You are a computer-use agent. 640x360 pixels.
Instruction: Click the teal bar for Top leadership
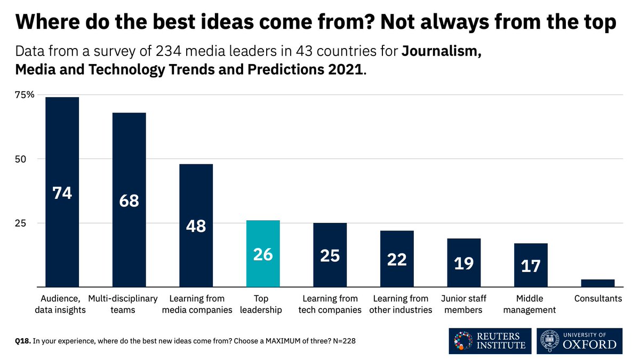(x=262, y=253)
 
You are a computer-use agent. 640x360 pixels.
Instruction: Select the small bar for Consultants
(x=598, y=283)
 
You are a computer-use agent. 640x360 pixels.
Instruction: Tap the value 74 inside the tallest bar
(x=62, y=193)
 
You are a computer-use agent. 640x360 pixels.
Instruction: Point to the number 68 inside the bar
(x=129, y=201)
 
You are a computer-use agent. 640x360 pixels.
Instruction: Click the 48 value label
(x=196, y=226)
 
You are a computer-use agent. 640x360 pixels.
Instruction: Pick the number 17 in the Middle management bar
(x=531, y=266)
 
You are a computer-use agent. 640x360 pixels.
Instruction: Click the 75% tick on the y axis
(x=25, y=95)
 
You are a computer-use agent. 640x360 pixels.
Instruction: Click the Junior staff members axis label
(x=463, y=304)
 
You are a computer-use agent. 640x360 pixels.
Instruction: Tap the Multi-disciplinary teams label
(x=129, y=304)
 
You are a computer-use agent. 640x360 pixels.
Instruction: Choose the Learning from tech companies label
(x=330, y=304)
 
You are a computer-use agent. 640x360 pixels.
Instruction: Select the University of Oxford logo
(x=579, y=340)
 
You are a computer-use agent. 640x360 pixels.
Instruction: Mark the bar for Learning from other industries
(x=397, y=259)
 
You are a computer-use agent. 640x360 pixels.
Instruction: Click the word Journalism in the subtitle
(x=442, y=52)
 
